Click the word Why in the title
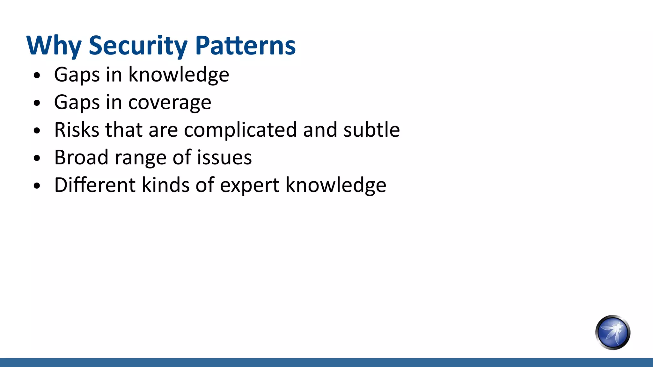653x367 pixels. [x=54, y=46]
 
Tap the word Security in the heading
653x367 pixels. [x=138, y=46]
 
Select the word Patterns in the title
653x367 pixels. [x=245, y=46]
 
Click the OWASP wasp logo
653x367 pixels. [x=613, y=332]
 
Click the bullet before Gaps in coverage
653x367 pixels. [x=37, y=103]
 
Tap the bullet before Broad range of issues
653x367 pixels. [x=37, y=158]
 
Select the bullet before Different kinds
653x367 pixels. [x=37, y=186]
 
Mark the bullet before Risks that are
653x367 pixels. [x=37, y=131]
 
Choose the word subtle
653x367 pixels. [x=371, y=130]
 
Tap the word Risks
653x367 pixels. [x=77, y=130]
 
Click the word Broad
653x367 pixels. [x=81, y=157]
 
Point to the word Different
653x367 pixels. [x=95, y=185]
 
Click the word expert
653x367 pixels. [x=250, y=186]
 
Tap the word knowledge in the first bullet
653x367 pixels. [x=179, y=75]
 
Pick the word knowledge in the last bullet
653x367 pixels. [x=336, y=186]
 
